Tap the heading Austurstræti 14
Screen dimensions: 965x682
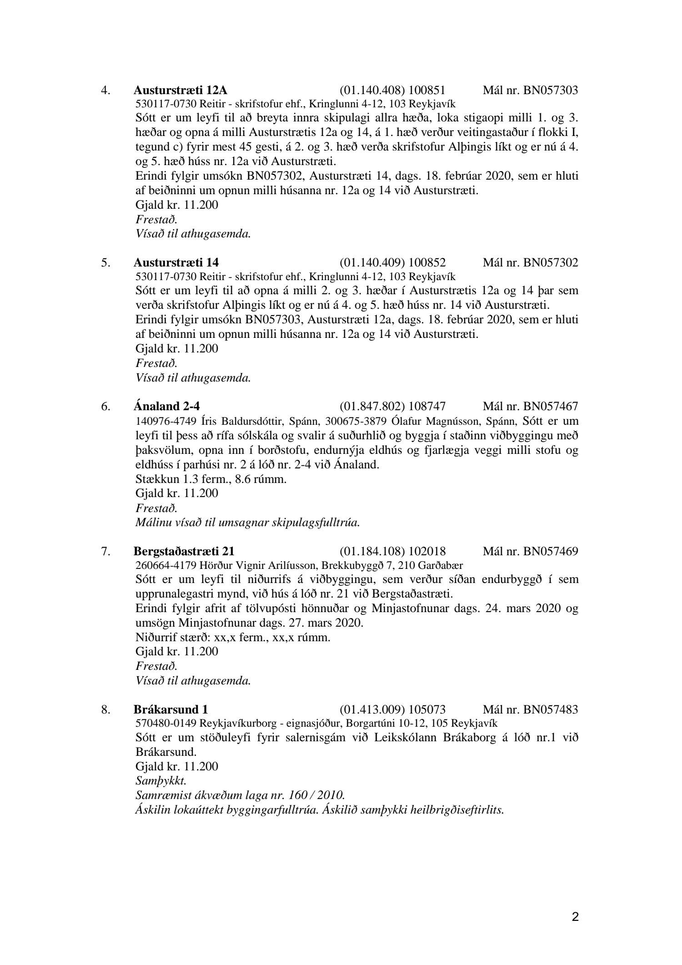[x=176, y=263]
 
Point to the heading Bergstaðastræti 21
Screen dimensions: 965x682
[x=184, y=552]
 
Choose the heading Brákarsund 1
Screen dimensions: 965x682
[x=171, y=709]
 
